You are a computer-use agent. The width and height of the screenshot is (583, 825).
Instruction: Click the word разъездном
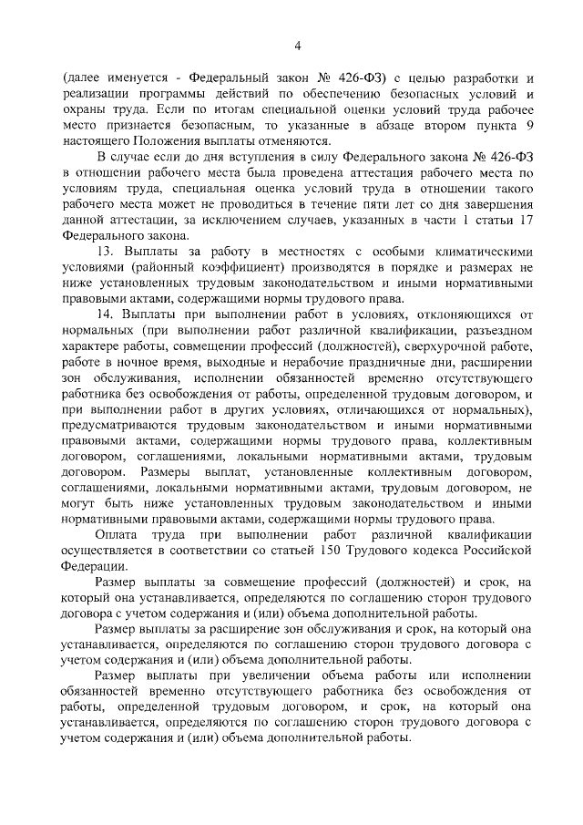(x=496, y=331)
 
